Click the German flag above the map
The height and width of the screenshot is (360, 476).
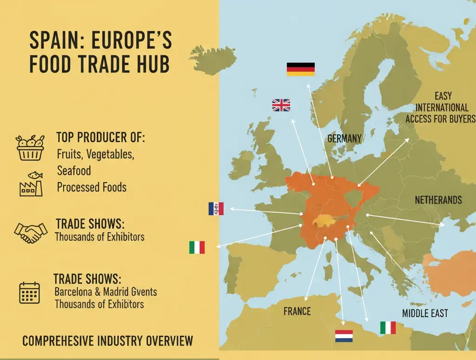point(300,69)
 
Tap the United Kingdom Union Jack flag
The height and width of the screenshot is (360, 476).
point(281,105)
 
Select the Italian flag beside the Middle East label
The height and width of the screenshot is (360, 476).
point(387,327)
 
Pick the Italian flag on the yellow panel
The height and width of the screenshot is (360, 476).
point(197,248)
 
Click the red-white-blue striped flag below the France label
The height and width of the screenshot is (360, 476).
point(344,336)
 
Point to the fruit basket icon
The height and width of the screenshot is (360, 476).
point(30,148)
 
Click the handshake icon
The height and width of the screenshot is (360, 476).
point(31,232)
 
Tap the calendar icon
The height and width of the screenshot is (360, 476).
point(29,293)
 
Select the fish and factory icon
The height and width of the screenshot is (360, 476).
point(31,184)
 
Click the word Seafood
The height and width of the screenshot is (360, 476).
point(74,170)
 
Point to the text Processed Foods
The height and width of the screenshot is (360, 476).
point(92,187)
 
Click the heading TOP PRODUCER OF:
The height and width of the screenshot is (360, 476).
point(100,137)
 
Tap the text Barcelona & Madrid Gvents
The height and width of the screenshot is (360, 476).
point(106,292)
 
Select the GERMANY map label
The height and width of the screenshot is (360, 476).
point(344,138)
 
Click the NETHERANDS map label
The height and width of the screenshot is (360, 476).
point(438,200)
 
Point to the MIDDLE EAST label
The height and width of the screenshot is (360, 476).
point(425,313)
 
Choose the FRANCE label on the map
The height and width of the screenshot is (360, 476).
point(297,311)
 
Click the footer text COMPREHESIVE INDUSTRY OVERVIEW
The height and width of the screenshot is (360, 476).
point(107,341)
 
